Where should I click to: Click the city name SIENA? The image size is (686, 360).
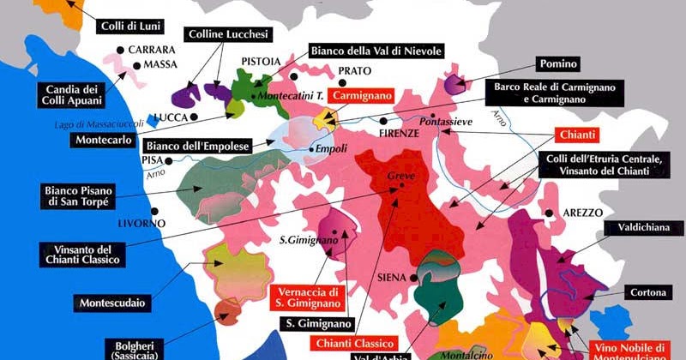tap(390, 278)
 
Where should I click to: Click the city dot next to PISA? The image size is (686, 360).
tap(170, 160)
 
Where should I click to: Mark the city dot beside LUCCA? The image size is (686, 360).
tap(196, 116)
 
